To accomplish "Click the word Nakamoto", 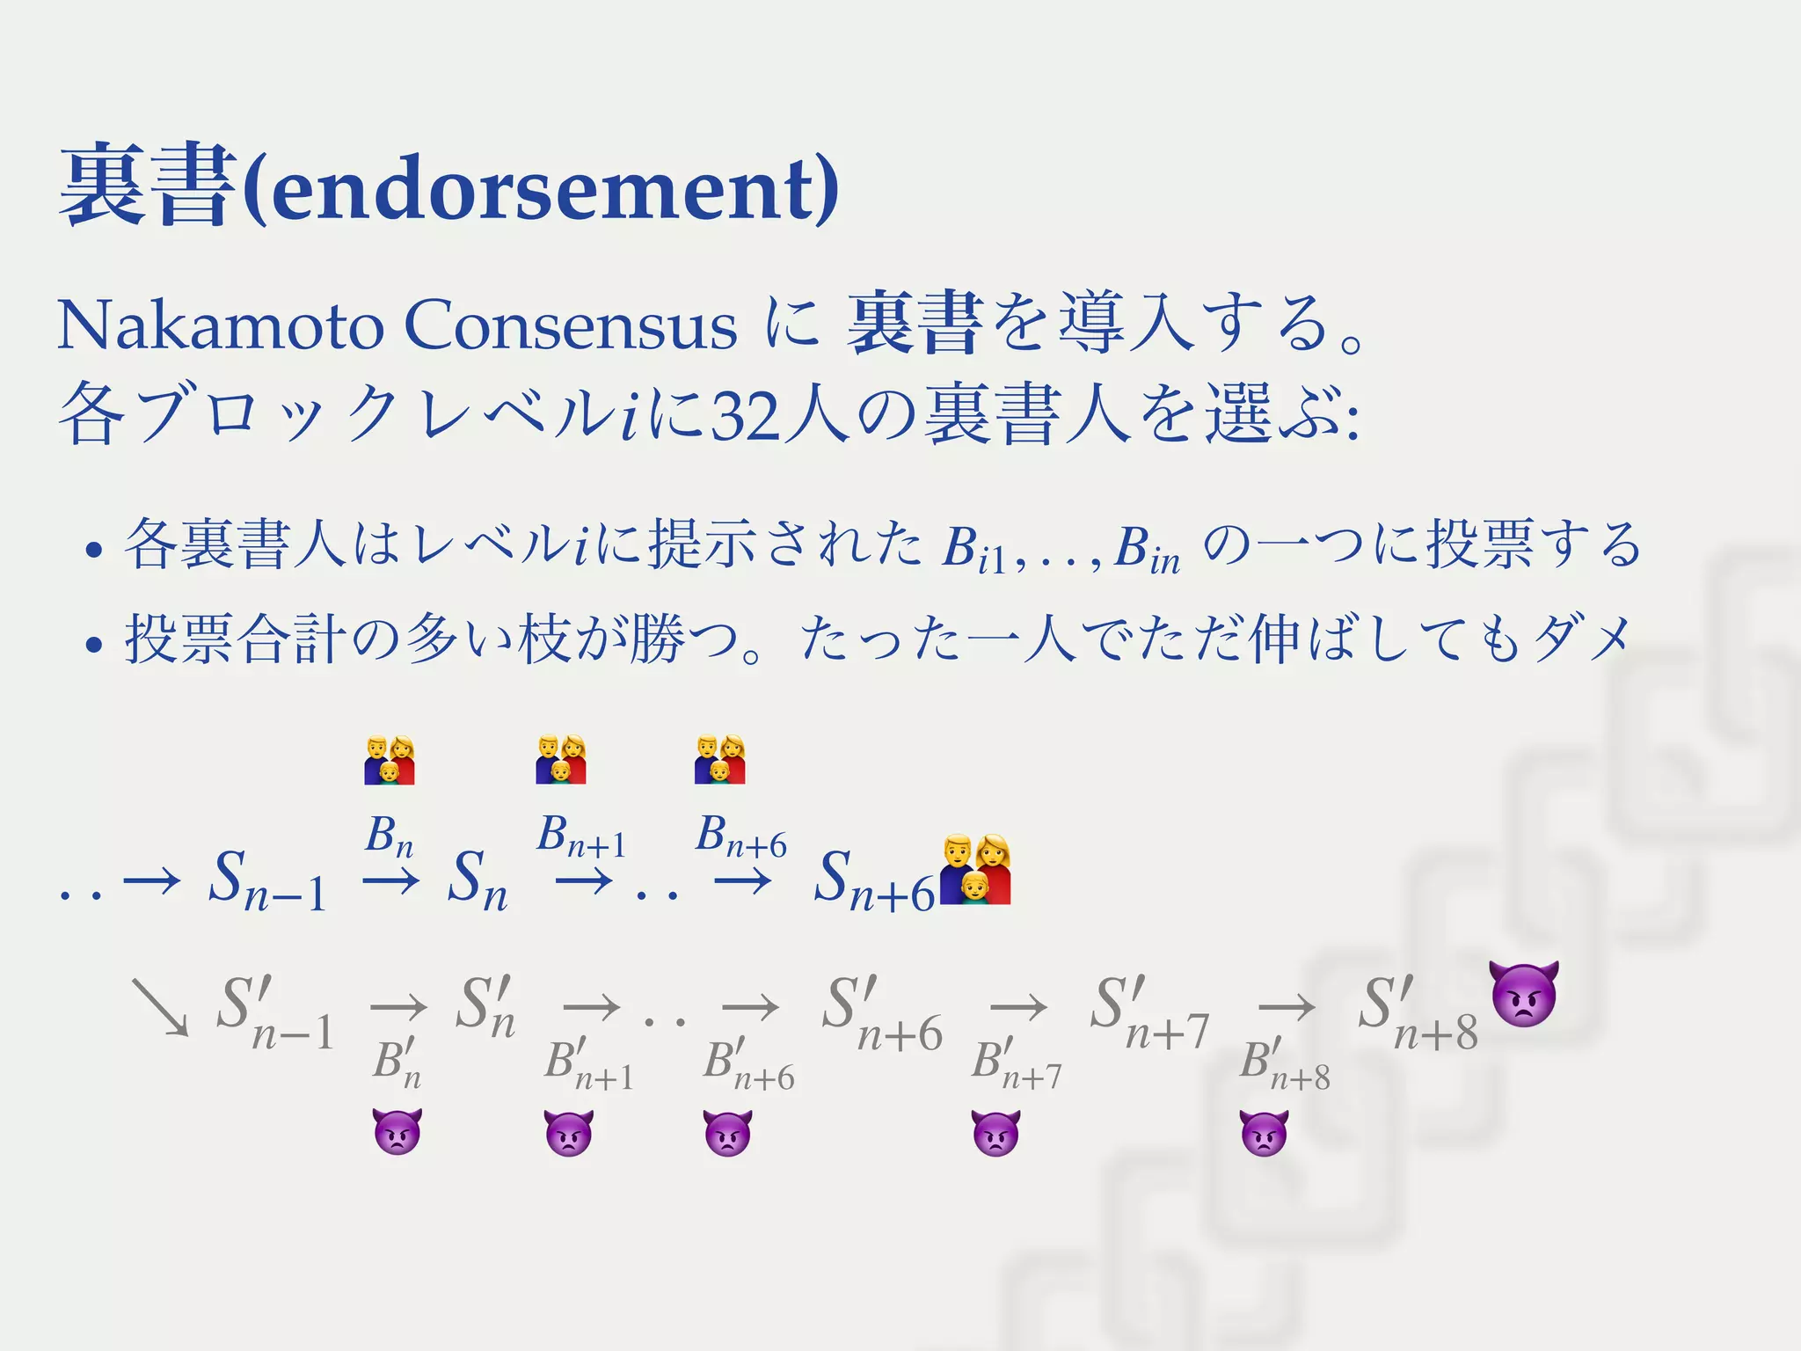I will (x=220, y=326).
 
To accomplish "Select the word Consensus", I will (x=570, y=326).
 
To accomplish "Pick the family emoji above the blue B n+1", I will (x=561, y=759).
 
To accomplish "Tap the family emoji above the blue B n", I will (x=390, y=760).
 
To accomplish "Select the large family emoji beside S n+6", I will (x=975, y=870).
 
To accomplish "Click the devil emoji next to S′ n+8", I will (x=1523, y=993).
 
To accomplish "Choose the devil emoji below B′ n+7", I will (x=995, y=1132).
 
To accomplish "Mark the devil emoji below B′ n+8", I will (x=1264, y=1132).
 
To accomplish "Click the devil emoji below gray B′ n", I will (x=397, y=1132).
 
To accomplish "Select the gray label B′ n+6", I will (x=747, y=1064).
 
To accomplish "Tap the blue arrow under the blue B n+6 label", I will (x=743, y=880).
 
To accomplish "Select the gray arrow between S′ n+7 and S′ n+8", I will (x=1287, y=1008).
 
